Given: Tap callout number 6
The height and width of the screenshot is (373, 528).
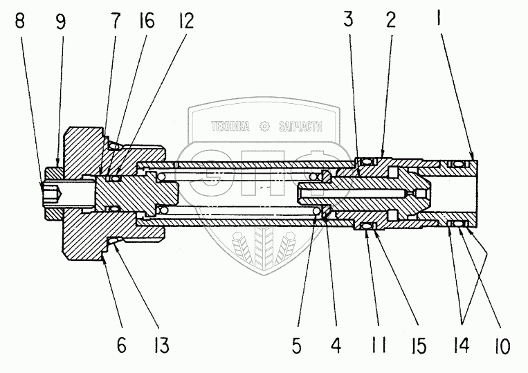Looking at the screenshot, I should click(x=121, y=345).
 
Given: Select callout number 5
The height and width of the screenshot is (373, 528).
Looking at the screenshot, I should click(x=296, y=345).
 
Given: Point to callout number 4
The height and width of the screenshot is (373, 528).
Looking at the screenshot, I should click(x=336, y=345).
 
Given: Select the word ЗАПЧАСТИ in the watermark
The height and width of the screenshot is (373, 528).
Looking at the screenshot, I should click(x=300, y=127).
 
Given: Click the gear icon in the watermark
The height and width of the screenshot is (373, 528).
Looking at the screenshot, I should click(x=264, y=127).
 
